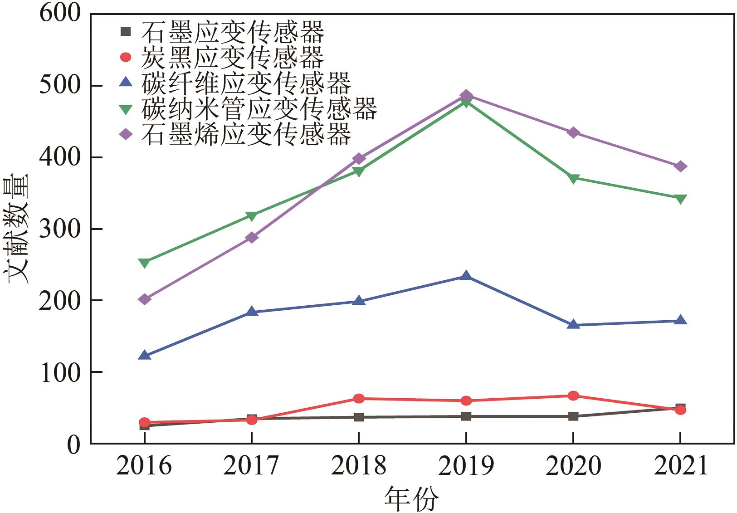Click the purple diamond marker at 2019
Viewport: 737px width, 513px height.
point(466,95)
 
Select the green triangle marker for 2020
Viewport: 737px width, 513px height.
point(573,178)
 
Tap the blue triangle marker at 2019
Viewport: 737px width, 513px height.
point(466,276)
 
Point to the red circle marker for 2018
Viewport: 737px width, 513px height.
point(358,399)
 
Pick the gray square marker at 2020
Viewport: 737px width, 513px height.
point(573,416)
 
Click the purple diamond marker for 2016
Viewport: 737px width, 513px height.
point(144,299)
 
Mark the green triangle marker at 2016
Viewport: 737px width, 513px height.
point(144,263)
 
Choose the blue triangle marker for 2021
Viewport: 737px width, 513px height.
point(680,320)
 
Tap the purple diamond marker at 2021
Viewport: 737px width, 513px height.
point(680,166)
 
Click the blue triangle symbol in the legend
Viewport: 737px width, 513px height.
point(126,83)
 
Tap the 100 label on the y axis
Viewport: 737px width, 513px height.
point(60,372)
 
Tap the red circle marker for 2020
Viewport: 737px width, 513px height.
point(573,396)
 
